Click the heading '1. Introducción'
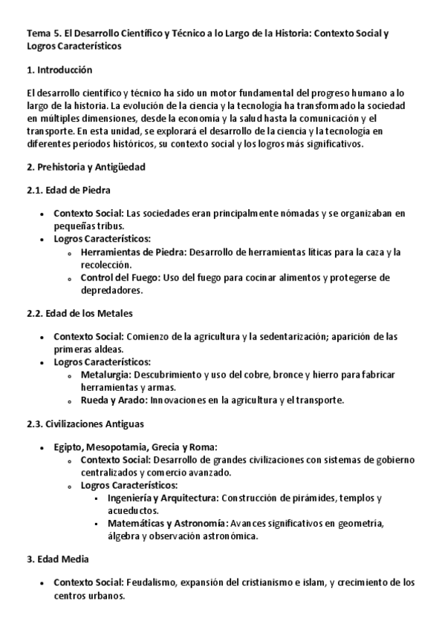59,70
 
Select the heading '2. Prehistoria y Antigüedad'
85,168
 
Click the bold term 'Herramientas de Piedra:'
134,252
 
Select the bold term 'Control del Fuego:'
122,278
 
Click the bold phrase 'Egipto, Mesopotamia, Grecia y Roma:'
135,447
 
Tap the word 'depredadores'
111,290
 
